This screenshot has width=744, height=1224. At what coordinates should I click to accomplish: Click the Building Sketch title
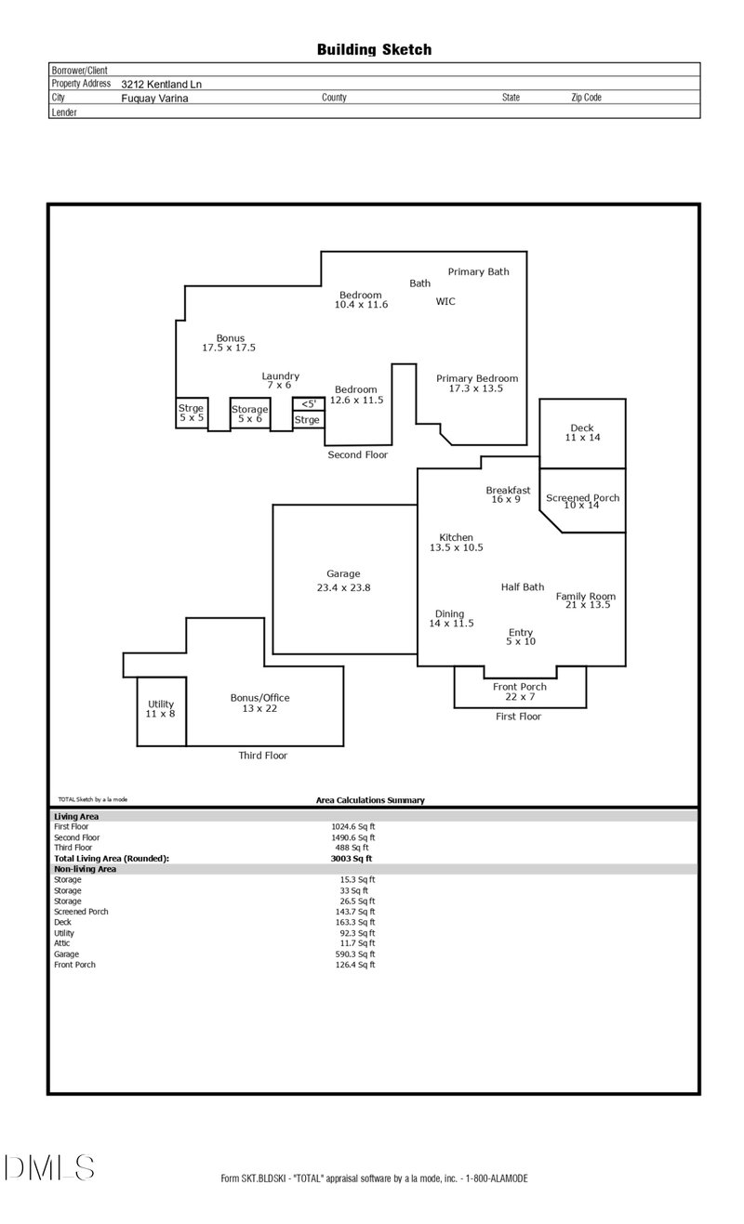tap(374, 50)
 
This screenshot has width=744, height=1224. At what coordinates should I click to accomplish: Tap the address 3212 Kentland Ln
tap(161, 84)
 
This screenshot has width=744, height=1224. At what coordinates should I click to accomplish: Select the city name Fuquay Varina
tap(154, 98)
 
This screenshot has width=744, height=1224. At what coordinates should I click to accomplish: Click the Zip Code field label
tap(586, 98)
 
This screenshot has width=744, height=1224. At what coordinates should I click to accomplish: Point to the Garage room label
tap(343, 574)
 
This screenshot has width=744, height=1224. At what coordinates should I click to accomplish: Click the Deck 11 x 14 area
tap(582, 432)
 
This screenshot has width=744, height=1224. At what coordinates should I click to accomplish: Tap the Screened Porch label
tap(582, 499)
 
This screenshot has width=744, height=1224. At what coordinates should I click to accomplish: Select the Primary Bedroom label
tap(477, 379)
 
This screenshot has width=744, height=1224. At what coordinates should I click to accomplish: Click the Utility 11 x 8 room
tap(160, 709)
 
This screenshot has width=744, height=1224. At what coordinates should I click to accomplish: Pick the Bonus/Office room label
tap(260, 699)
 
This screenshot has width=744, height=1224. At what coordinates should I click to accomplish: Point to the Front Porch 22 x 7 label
tap(520, 687)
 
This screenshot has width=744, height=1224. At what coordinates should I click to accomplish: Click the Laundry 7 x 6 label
tap(280, 376)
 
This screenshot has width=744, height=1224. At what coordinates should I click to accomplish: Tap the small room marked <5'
tap(308, 404)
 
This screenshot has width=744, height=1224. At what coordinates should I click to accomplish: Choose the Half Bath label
tap(523, 587)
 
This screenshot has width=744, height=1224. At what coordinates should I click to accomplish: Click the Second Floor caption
tap(357, 455)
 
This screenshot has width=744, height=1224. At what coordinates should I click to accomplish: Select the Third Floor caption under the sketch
tap(263, 756)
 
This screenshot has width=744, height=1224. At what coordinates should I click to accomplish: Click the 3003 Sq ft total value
tap(352, 859)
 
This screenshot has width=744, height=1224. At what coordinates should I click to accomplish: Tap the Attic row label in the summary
tap(63, 943)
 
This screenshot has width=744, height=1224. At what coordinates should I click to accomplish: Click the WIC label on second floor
tap(445, 301)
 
